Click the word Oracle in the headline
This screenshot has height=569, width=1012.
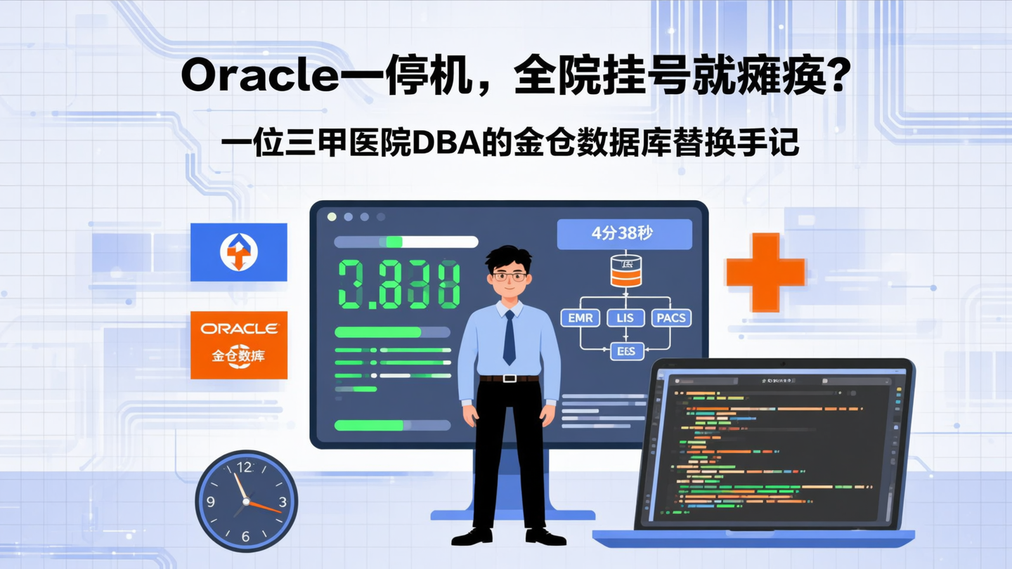pos(260,77)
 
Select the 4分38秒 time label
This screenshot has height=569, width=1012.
pos(624,234)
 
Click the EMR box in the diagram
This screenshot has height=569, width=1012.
pos(580,318)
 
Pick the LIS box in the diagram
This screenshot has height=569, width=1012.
pos(625,318)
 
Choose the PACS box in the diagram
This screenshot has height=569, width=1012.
pos(671,318)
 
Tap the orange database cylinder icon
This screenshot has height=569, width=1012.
pos(625,271)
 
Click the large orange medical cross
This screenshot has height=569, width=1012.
pos(765,272)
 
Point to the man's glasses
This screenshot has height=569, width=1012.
pos(509,276)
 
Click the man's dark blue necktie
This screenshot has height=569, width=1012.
pos(509,337)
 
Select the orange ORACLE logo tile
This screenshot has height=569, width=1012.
pos(239,345)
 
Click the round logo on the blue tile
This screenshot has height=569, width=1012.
pos(239,251)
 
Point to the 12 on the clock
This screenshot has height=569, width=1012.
pos(245,467)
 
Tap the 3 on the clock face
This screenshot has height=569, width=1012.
pos(283,502)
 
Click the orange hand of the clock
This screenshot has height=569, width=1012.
pos(265,506)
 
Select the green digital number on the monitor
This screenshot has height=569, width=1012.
pos(399,284)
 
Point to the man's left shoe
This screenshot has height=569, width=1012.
pos(546,537)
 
